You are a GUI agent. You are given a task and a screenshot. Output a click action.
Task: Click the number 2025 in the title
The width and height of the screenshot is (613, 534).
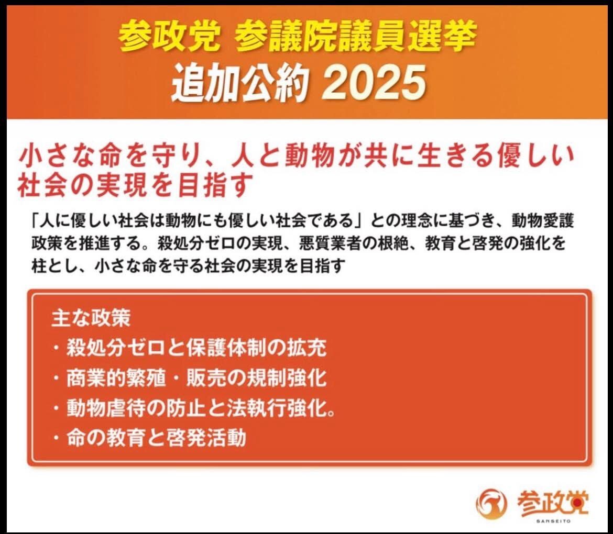[x=375, y=83]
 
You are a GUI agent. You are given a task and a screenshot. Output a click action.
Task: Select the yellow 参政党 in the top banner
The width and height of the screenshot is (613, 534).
[x=169, y=35]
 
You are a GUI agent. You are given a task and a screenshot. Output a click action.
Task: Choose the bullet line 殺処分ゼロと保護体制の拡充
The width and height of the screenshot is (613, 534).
[x=190, y=348]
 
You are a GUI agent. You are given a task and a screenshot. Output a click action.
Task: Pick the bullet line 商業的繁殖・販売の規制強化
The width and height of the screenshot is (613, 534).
[x=190, y=377]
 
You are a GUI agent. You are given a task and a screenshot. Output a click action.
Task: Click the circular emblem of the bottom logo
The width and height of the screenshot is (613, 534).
[x=490, y=504]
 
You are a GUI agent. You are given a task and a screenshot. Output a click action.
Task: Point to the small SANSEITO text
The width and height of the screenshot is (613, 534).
[x=553, y=521]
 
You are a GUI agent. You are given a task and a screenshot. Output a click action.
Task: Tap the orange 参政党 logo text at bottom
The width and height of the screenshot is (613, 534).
[x=552, y=502]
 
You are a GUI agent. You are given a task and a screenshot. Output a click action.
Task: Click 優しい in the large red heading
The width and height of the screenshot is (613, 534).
[x=534, y=157]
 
